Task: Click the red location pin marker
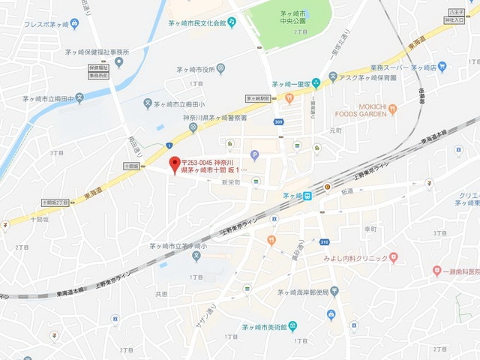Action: (x=175, y=163)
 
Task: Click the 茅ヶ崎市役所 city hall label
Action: (x=196, y=70)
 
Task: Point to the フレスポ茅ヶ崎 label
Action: (x=36, y=24)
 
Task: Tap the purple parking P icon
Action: (x=254, y=155)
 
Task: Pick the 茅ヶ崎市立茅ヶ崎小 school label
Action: (x=177, y=246)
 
